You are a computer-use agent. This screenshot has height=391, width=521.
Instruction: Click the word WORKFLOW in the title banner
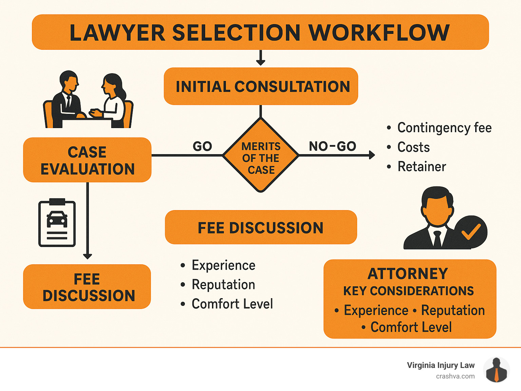pyautogui.click(x=379, y=33)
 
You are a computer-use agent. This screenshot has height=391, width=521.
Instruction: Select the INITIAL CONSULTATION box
pyautogui.click(x=261, y=86)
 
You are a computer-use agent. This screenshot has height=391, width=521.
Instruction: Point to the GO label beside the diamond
pyautogui.click(x=202, y=146)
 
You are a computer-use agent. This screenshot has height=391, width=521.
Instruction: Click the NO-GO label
pyautogui.click(x=332, y=146)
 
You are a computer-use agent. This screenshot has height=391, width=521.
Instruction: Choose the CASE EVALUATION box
pyautogui.click(x=87, y=160)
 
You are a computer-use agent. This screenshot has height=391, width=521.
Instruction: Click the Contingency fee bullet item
pyautogui.click(x=444, y=128)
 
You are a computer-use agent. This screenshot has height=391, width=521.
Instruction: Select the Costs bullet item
pyautogui.click(x=413, y=147)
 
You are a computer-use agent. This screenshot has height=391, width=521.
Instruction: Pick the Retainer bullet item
pyautogui.click(x=421, y=167)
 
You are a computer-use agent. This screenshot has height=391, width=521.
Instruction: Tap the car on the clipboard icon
pyautogui.click(x=57, y=219)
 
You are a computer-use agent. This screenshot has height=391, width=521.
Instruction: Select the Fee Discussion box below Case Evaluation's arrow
pyautogui.click(x=87, y=287)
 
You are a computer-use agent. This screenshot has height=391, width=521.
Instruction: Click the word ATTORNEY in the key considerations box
pyautogui.click(x=408, y=274)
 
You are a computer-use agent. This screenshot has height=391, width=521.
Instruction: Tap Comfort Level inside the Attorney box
pyautogui.click(x=411, y=327)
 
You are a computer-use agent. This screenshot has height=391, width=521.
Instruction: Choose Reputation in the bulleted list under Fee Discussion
pyautogui.click(x=223, y=285)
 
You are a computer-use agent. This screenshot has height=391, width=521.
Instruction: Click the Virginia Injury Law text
pyautogui.click(x=440, y=365)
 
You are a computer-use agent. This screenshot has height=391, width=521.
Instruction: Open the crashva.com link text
pyautogui.click(x=455, y=376)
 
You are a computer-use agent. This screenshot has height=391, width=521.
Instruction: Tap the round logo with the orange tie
pyautogui.click(x=496, y=370)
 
